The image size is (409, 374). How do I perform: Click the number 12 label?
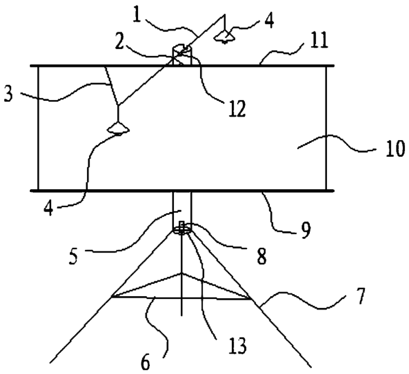[237, 109]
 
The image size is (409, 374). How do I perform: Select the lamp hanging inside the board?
[117, 127]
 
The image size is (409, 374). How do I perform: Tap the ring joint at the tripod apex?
[182, 230]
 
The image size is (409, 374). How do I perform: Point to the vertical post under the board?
[182, 208]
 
